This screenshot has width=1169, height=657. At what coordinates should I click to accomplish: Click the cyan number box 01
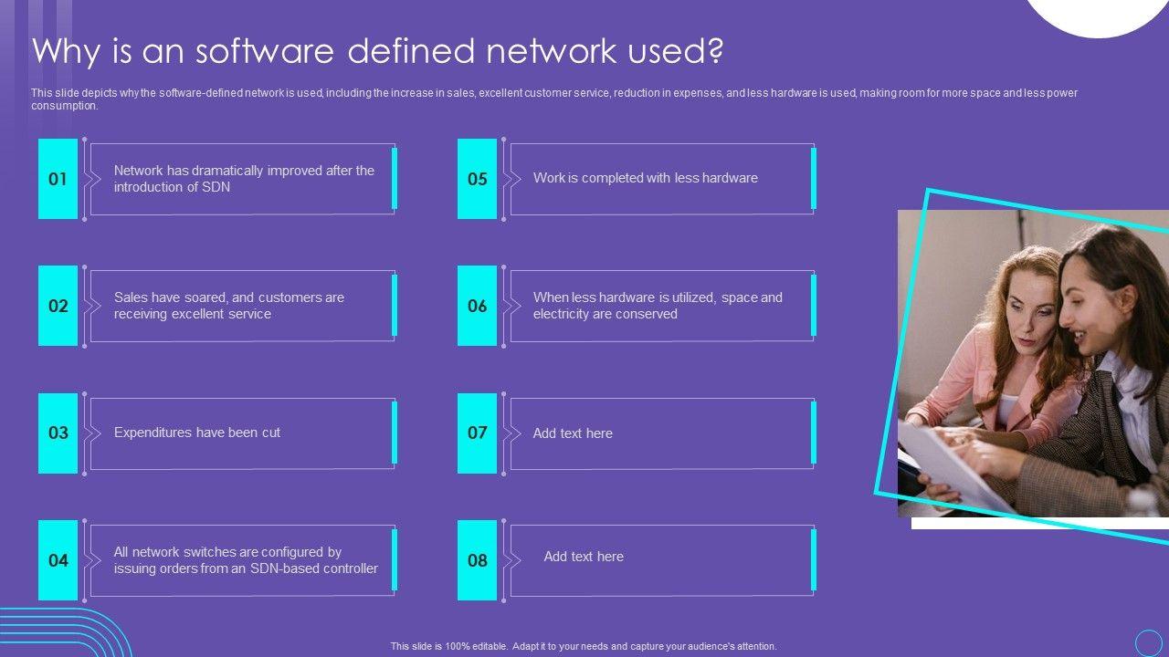[x=58, y=179]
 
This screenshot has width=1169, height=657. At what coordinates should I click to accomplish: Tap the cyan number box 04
[x=58, y=560]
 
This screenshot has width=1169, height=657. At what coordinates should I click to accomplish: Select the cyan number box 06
[x=477, y=306]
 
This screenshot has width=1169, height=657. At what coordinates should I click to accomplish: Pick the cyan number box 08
[x=477, y=560]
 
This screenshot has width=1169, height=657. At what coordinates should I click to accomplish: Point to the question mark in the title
[x=715, y=51]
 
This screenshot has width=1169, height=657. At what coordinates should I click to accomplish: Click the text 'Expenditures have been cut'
[x=197, y=433]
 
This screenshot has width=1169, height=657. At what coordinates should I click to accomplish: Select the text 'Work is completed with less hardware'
[x=645, y=178]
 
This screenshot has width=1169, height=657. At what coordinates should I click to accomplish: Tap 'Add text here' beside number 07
[x=573, y=433]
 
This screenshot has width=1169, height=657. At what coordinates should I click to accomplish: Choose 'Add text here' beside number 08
[x=584, y=557]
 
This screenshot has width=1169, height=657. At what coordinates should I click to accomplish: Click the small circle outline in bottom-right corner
[x=1148, y=642]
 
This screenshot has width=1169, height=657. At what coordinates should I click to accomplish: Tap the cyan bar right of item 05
[x=814, y=179]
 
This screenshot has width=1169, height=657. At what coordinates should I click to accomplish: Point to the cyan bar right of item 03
[x=395, y=433]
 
